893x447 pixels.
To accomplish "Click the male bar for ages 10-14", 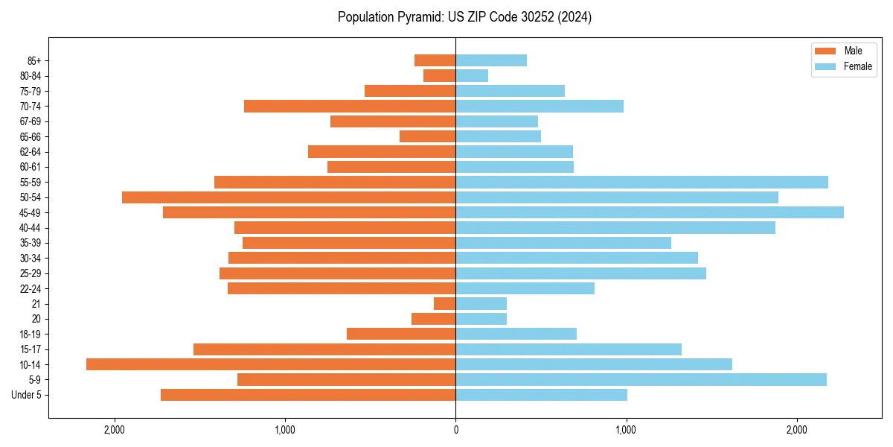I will point(271,364).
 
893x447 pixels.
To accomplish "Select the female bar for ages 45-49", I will point(650,212).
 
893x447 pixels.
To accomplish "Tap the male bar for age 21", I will point(445,304).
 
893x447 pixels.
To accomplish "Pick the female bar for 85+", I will point(491,60).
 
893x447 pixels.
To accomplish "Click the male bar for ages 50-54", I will point(289,197).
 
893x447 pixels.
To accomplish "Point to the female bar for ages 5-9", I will point(641,380).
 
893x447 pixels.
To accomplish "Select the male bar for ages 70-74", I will point(350,107).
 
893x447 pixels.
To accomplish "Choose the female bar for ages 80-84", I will point(472,76).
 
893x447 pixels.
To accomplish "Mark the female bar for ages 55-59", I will point(641,183).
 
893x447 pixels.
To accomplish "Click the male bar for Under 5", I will point(308,395).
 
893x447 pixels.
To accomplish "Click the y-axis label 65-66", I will point(30,137).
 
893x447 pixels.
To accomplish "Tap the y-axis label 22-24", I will point(30,289).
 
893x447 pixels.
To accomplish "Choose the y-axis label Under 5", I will point(27,395).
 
